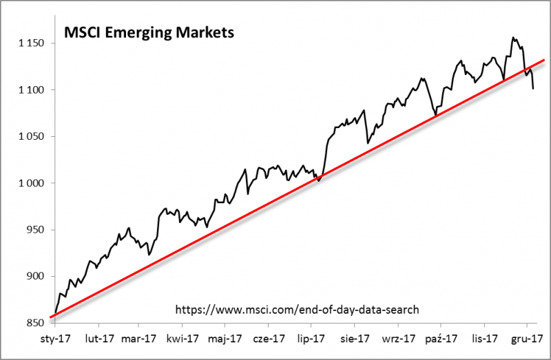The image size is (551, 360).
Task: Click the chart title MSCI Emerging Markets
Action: (149, 32)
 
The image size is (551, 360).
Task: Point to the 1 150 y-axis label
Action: (30, 43)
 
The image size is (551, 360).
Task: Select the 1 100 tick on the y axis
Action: (30, 90)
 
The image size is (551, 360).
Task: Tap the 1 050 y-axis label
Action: (30, 137)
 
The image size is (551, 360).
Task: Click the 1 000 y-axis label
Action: (30, 183)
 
